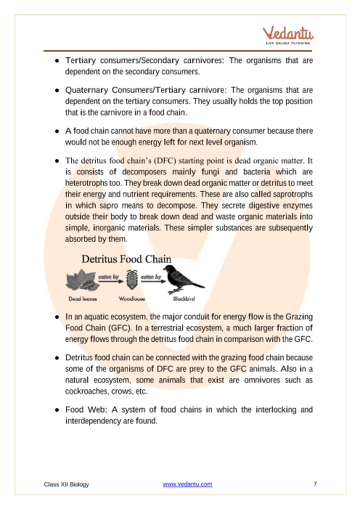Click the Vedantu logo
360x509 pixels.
288,35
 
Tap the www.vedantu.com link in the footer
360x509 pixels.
187,484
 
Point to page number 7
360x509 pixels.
315,484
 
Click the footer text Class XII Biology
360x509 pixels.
66,484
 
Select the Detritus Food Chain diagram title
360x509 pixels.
126,258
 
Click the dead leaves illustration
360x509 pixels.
83,281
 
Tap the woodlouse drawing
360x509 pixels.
132,280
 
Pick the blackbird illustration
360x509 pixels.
183,279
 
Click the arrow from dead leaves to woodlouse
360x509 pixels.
111,282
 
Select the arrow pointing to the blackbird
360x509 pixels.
153,282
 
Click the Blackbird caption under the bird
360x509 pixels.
184,298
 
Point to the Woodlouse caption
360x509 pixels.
132,298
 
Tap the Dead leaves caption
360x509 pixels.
83,298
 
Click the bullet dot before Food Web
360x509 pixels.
57,410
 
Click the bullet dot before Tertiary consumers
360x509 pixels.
57,61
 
